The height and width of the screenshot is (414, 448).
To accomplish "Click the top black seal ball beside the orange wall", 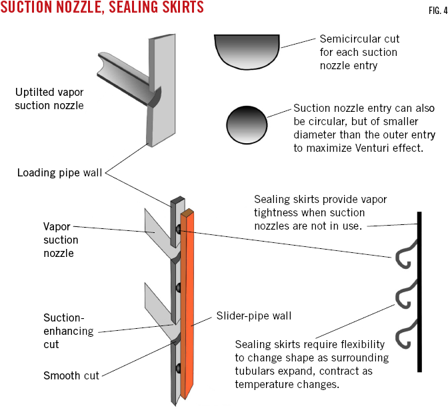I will point(178,230).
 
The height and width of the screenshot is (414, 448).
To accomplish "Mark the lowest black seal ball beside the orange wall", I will point(178,367).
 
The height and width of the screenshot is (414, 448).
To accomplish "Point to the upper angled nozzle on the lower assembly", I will point(158,228).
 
